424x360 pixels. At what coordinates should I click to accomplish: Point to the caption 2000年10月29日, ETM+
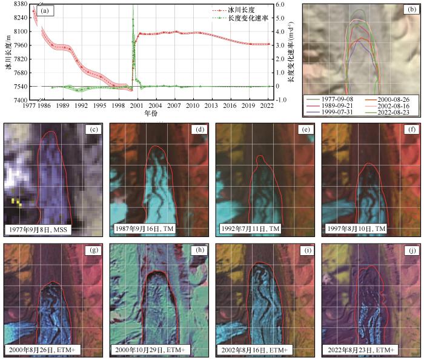(147, 350)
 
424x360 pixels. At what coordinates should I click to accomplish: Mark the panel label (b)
(412, 10)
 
